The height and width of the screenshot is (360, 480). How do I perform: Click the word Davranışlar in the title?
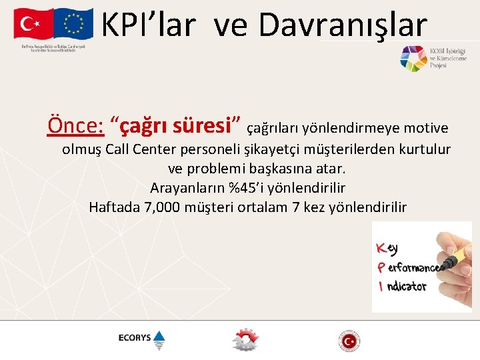(x=342, y=25)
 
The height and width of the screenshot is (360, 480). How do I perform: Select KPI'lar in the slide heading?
(x=149, y=25)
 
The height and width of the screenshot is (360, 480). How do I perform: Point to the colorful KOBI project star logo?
(x=413, y=59)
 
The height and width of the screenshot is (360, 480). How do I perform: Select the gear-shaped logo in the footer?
(x=244, y=339)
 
